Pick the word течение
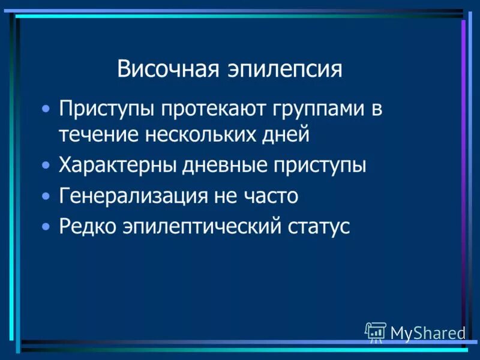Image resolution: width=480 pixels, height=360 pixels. [97, 134]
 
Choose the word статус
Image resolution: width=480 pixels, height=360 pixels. [318, 227]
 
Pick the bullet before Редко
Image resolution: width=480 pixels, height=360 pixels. [46, 228]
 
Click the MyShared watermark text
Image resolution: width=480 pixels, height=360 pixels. [428, 332]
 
